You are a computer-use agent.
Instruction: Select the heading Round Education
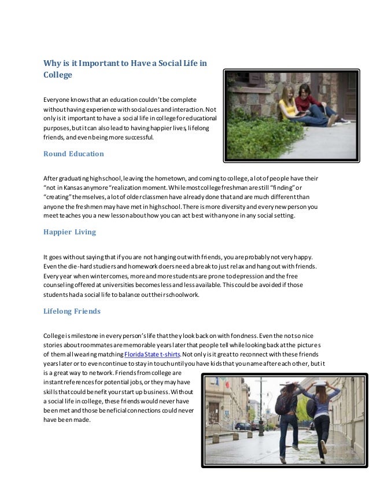(73, 154)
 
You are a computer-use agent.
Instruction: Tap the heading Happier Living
(69, 232)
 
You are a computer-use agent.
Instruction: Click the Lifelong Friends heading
(72, 311)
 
